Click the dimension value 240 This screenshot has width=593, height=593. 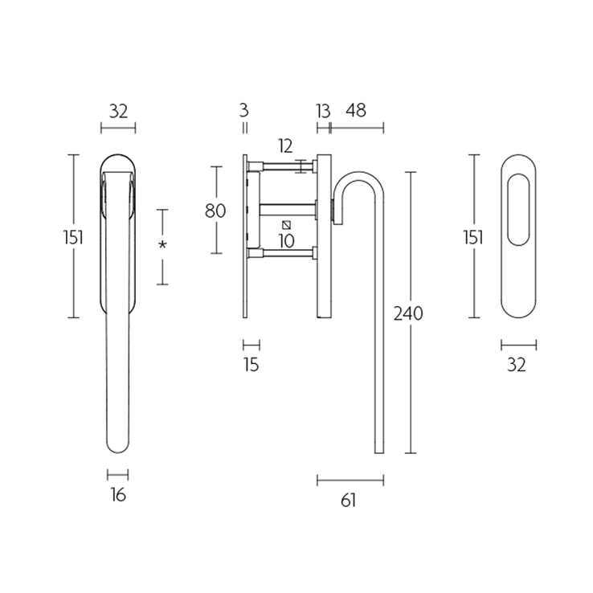point(408,313)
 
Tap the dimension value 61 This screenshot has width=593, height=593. point(348,501)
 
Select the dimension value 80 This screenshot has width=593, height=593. point(215,211)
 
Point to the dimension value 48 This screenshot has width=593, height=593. point(356,110)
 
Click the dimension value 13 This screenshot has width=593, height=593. point(323,111)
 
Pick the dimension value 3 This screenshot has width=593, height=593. point(244,110)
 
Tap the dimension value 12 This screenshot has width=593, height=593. point(285,146)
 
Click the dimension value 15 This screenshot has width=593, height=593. point(252,365)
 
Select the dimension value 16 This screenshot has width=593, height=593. point(118,495)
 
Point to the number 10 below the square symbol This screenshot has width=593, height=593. point(286,241)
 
